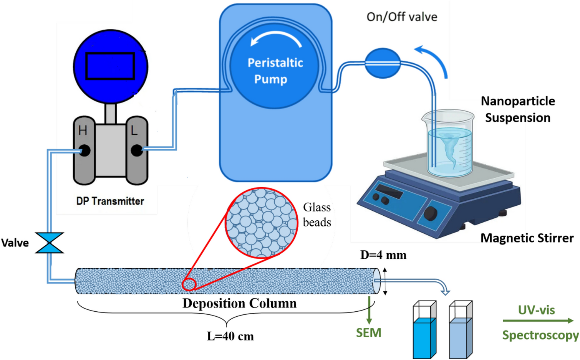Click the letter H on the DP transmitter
click(83, 131)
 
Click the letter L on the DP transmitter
click(134, 131)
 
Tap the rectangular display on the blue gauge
click(110, 66)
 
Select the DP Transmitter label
click(110, 201)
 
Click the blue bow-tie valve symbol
click(50, 243)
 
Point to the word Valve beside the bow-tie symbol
click(15, 243)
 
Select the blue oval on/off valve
click(382, 63)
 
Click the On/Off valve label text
click(402, 17)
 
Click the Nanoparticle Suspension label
click(517, 109)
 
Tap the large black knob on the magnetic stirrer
click(431, 213)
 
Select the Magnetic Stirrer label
click(527, 238)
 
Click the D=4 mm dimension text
click(383, 255)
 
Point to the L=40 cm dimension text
click(230, 336)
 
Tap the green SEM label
click(368, 333)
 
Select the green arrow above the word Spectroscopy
click(538, 320)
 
